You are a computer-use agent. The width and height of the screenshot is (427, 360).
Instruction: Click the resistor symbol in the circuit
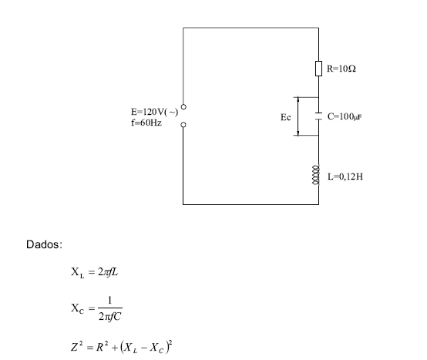(x=318, y=69)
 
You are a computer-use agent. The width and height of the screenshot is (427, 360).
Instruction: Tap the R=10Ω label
(x=341, y=69)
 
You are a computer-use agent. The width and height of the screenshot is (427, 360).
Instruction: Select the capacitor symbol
(x=318, y=116)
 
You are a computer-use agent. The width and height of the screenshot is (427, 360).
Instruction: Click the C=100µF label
(x=345, y=116)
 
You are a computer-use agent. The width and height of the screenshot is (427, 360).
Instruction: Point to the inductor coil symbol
(x=315, y=175)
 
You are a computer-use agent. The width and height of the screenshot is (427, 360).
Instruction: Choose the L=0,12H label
(x=345, y=177)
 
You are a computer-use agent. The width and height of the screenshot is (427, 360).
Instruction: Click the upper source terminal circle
(x=183, y=106)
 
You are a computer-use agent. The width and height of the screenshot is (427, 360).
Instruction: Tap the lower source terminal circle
(x=183, y=125)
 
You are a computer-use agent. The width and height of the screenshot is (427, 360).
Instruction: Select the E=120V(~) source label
(x=154, y=112)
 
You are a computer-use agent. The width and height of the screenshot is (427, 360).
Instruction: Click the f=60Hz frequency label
(x=146, y=123)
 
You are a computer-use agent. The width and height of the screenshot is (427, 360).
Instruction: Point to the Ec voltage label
(x=286, y=117)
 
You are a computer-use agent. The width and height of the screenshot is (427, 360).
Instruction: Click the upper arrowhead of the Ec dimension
(x=298, y=98)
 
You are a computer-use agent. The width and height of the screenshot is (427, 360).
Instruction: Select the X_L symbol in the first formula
(x=78, y=272)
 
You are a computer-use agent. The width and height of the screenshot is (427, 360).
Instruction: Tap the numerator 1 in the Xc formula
(x=109, y=300)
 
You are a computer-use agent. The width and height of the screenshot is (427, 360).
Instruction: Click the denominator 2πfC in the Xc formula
(x=110, y=317)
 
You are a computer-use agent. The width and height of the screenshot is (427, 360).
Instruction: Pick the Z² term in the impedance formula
(x=76, y=347)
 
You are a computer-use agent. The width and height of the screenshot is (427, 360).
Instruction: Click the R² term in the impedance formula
(x=102, y=347)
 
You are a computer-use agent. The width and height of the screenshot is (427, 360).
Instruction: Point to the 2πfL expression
(x=108, y=272)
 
